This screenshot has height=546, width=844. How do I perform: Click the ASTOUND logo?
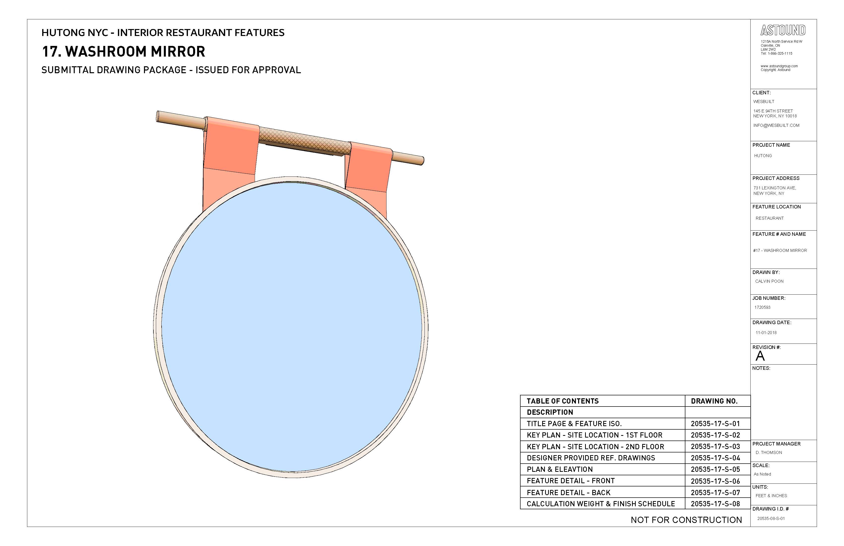783,31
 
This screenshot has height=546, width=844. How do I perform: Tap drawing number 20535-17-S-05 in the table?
715,469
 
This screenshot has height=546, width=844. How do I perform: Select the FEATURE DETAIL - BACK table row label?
568,492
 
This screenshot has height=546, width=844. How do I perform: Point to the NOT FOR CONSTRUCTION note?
686,520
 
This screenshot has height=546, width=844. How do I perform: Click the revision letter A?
760,356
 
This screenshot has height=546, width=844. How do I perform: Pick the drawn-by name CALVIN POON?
769,281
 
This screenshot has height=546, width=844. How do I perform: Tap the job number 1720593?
762,307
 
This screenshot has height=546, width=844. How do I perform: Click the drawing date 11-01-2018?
766,333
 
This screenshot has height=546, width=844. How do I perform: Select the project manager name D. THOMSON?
769,452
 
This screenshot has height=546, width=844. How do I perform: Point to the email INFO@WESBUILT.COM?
776,125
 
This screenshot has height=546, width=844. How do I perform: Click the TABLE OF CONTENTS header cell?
563,401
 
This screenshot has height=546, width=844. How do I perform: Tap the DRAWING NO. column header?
714,401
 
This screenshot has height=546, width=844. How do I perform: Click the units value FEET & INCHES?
771,496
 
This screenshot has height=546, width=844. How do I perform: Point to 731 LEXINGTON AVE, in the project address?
774,188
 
